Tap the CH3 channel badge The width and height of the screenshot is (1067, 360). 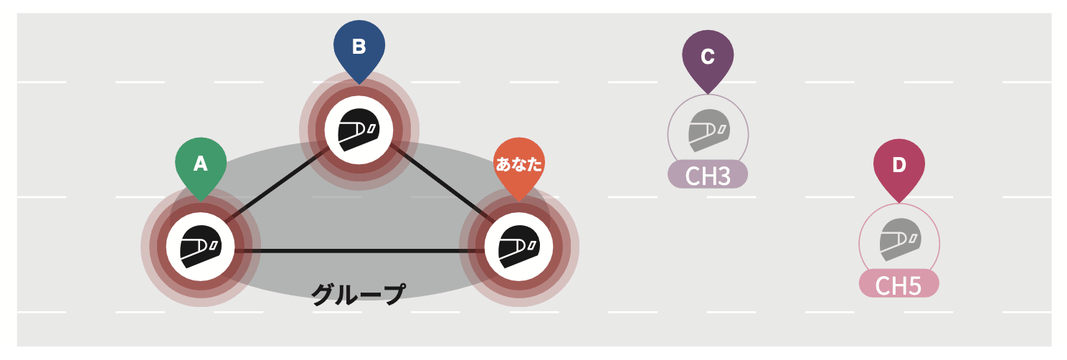coord(708,175)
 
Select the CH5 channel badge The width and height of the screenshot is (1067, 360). coord(898,285)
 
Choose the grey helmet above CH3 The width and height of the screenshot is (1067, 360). coord(708,131)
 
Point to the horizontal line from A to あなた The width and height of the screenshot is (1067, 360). coord(359,250)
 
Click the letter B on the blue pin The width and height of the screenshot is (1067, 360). coord(359,47)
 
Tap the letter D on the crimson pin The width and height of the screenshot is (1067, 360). coord(898,164)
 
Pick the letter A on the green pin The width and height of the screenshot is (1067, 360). coord(201,164)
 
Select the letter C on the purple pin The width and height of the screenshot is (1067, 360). coord(707,55)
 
